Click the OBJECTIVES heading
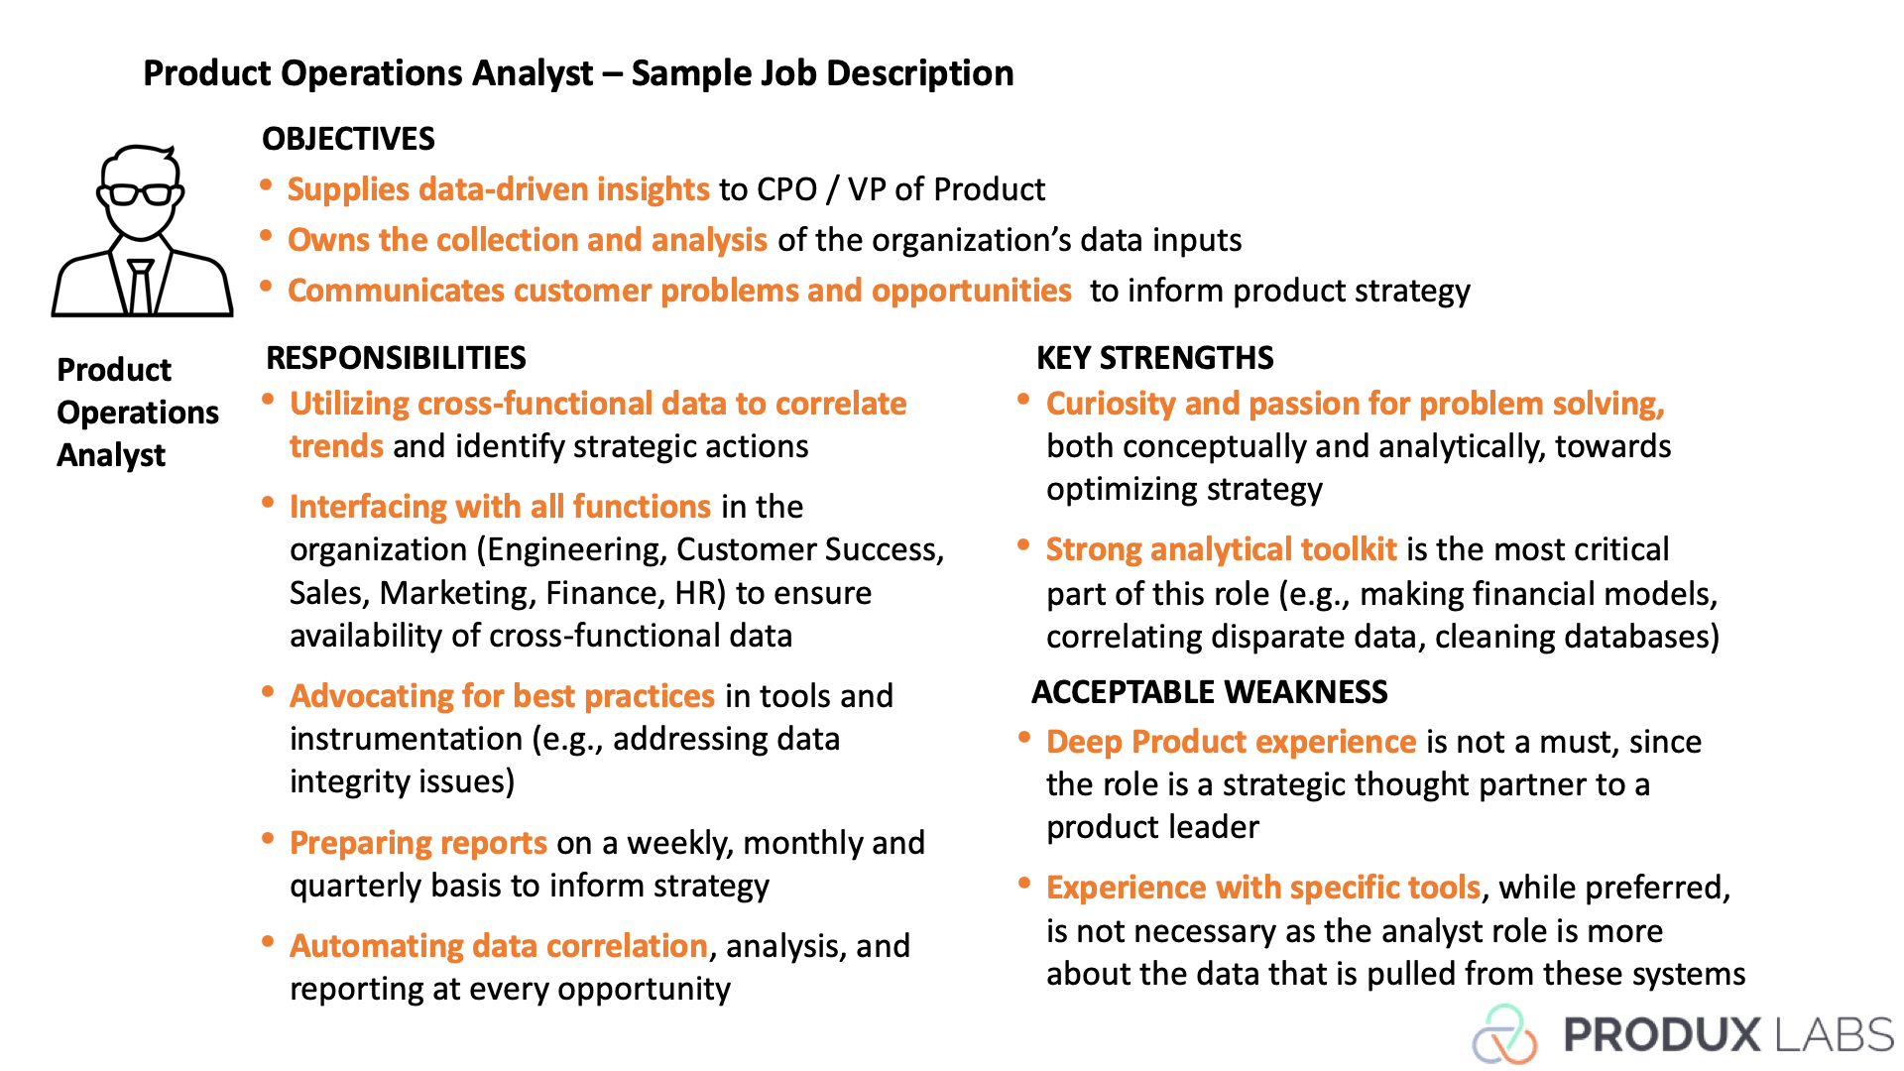[348, 139]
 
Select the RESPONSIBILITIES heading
[396, 358]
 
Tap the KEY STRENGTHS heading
[1155, 358]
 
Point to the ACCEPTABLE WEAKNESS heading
[1210, 692]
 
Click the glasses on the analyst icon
[141, 193]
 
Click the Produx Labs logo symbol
[1504, 1033]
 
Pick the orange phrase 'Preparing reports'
[418, 843]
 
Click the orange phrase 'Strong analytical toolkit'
[1222, 549]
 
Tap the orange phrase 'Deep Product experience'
[1232, 742]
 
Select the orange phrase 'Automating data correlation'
[499, 946]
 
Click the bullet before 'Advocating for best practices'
[268, 692]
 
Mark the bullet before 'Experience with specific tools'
[1024, 883]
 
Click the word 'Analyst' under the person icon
[111, 456]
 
